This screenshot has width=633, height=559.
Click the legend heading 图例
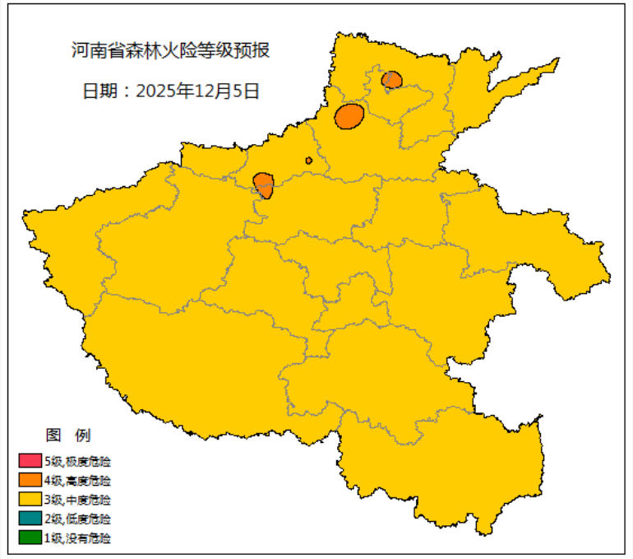[67, 435]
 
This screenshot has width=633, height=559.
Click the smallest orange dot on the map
[308, 161]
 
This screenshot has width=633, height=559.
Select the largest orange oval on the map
[349, 116]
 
